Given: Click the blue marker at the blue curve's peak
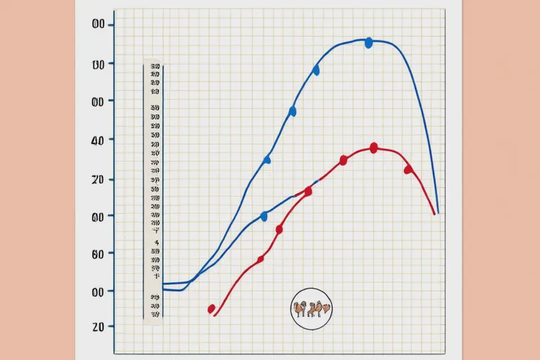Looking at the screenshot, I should coord(369,43).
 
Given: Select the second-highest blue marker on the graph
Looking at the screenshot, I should coord(315,70).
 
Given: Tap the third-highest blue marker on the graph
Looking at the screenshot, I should coord(292,111).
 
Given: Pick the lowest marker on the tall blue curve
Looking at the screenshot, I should coord(267,159).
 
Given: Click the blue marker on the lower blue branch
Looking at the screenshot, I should coord(264,216).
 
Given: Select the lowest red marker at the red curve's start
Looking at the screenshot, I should coord(212,309).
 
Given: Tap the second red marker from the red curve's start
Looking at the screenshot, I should coord(261,258).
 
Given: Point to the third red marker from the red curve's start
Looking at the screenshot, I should coord(279,229).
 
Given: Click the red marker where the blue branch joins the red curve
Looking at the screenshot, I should coord(308,191).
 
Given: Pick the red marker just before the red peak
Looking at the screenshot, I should coord(343,160).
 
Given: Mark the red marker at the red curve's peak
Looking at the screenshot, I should coord(374,148).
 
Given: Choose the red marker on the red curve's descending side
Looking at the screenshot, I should coord(408,169).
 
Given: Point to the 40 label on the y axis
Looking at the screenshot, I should coord(99,139).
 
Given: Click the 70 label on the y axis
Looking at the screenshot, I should coord(99,179).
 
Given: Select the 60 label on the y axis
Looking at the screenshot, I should coord(99,253).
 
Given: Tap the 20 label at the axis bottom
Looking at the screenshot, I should coord(99,326).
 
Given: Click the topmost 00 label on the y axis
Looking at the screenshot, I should coord(99,25).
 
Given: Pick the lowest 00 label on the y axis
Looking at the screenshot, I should coord(99,291).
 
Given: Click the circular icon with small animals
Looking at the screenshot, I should coord(312,309).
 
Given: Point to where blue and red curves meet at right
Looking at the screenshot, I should coord(436,213).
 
